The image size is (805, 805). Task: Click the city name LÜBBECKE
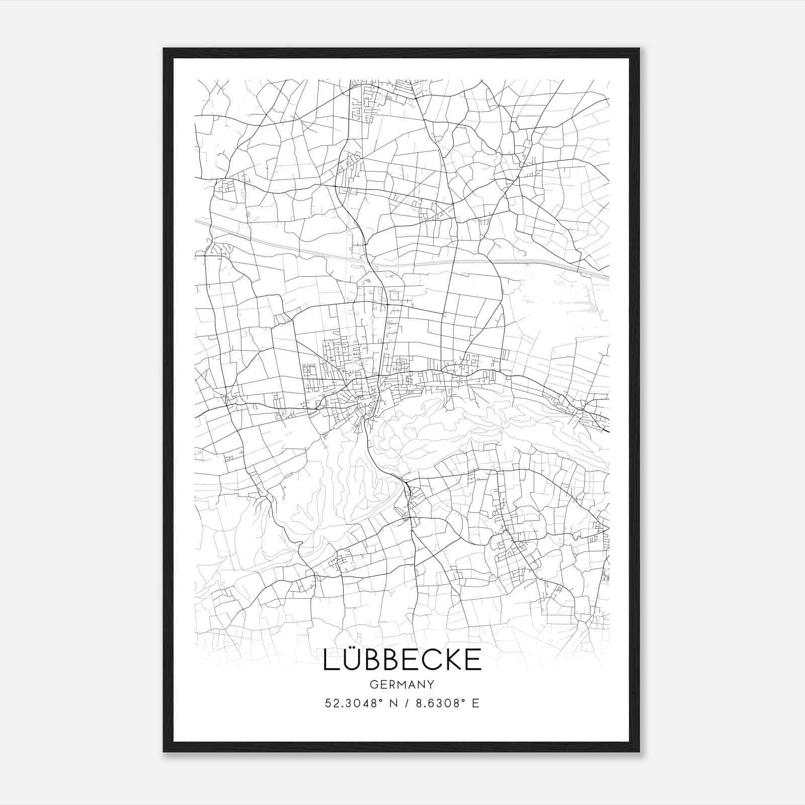[402, 660]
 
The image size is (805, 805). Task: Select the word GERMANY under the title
[402, 684]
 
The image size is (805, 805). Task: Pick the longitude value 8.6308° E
[445, 703]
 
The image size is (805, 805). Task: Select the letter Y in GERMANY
[431, 684]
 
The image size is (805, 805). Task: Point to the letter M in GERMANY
[402, 684]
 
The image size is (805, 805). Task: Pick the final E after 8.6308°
[475, 703]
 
